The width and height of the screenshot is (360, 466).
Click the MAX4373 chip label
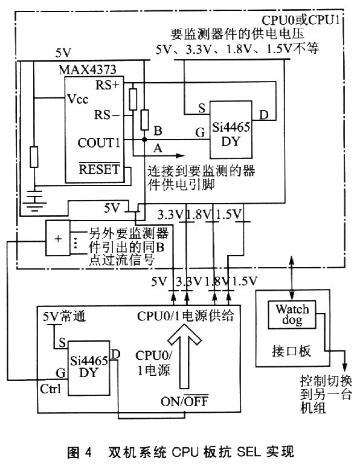point(87,70)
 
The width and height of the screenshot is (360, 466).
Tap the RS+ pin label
point(108,85)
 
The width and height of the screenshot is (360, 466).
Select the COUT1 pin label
point(99,143)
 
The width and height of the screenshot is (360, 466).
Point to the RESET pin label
point(99,169)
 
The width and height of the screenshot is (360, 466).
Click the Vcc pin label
point(78,99)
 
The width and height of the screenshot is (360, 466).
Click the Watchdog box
point(292,315)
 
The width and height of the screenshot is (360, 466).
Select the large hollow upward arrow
point(184,355)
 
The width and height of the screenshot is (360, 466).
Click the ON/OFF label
point(184,401)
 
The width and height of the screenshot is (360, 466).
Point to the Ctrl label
point(50,389)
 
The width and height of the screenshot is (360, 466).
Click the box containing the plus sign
point(57,238)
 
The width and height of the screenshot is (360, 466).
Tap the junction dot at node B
point(144,140)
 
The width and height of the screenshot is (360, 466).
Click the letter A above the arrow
point(158,147)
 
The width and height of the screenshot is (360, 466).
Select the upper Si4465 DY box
point(231,129)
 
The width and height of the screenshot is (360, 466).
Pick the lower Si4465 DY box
point(89,368)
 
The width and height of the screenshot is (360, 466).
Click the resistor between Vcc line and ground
point(34,157)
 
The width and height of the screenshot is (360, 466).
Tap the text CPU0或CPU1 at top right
point(300,21)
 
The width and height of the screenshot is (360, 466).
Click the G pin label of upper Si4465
point(201,132)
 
